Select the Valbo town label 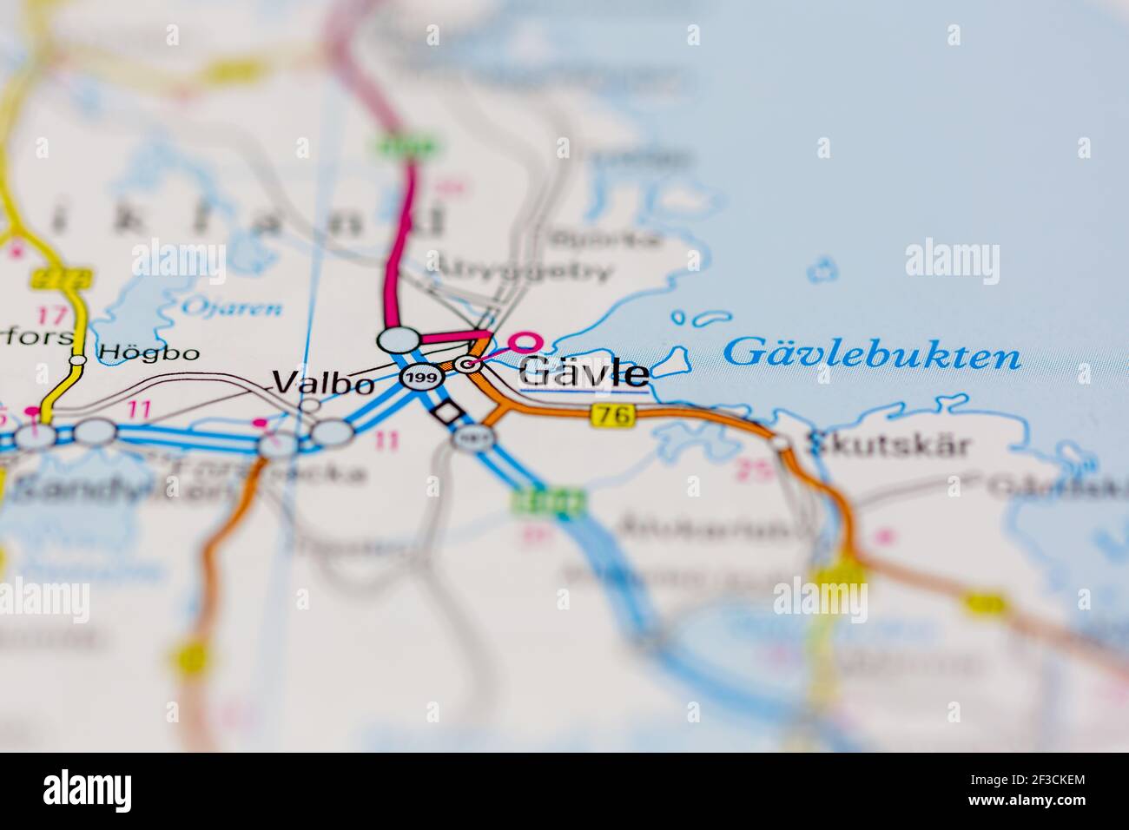323,382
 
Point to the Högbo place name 149,352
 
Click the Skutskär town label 888,445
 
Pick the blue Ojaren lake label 231,306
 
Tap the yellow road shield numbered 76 613,416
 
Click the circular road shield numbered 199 419,378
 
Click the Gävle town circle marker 470,366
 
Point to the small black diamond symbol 446,412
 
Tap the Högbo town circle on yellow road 78,359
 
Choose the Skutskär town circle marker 782,444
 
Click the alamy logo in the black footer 88,790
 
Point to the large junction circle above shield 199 398,339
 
